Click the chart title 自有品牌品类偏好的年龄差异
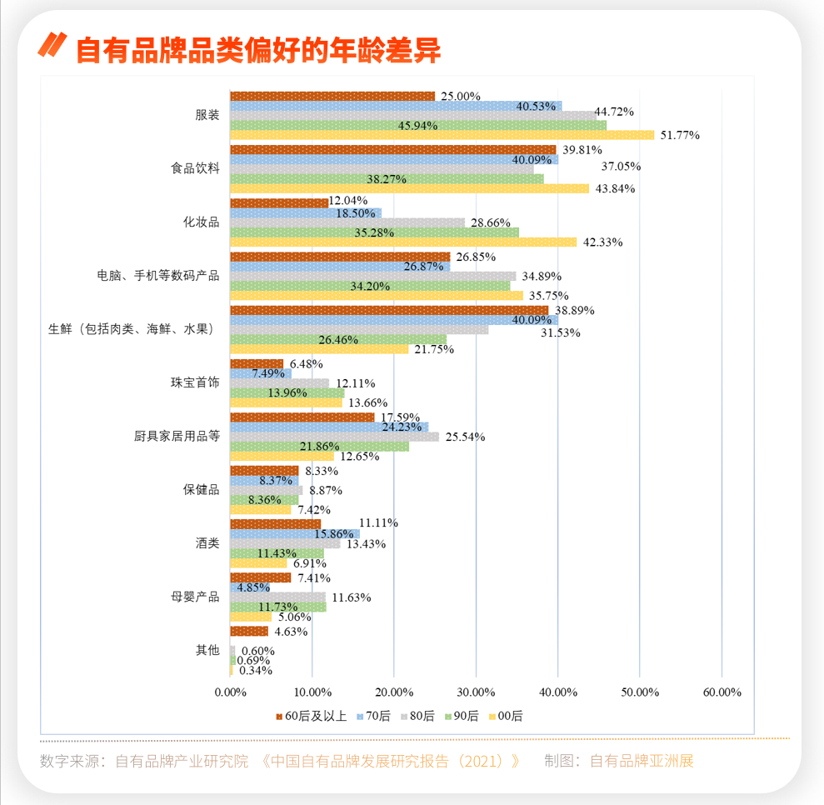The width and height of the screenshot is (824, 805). (x=257, y=50)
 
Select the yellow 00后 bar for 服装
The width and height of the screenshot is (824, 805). (x=442, y=135)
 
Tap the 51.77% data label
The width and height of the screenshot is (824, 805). (x=679, y=135)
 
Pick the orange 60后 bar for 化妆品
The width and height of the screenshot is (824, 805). (x=279, y=202)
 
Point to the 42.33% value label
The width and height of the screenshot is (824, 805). (x=601, y=242)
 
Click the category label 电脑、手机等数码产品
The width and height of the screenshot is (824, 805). (x=158, y=275)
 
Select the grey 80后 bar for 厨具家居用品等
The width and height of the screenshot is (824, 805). (x=333, y=437)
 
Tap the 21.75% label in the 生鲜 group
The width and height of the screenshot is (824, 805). (x=434, y=349)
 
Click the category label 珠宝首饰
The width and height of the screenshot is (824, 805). (x=195, y=382)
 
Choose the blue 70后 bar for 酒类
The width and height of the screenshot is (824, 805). (x=294, y=533)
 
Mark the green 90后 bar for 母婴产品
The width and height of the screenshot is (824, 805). (x=277, y=607)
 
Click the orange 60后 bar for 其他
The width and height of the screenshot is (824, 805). (x=249, y=631)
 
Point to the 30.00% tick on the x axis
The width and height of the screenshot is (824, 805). (x=476, y=692)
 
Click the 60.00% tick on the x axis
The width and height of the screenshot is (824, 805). (x=722, y=692)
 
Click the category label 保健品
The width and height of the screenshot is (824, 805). (x=202, y=490)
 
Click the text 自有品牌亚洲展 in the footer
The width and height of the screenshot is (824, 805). (x=642, y=761)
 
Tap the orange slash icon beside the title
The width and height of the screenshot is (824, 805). (x=52, y=45)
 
